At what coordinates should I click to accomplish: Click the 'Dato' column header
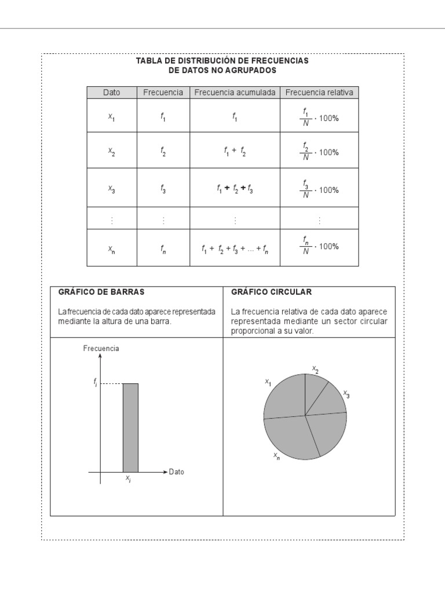111,93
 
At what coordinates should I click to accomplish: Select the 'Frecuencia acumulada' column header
235,93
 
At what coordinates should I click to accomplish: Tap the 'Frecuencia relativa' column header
319,93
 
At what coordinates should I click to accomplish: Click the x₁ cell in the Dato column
111,116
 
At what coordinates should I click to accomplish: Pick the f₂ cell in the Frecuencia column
163,152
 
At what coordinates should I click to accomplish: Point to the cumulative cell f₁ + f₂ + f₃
235,189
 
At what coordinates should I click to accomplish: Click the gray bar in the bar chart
130,427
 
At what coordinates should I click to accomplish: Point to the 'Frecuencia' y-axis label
101,349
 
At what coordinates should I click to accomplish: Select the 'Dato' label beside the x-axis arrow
177,472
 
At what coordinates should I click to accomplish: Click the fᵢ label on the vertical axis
95,382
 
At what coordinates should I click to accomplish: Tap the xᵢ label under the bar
128,479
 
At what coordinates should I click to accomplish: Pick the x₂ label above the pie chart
315,369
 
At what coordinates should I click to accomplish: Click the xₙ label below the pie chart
277,456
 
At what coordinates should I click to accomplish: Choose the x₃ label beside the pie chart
346,394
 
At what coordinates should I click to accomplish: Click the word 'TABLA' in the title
148,61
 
